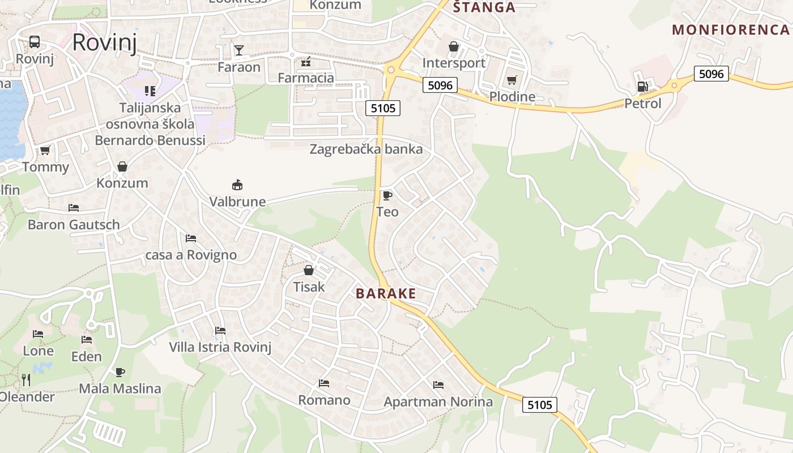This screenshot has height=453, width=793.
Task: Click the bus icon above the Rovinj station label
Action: [x=35, y=41]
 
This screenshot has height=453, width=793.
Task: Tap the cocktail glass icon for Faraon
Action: [x=239, y=50]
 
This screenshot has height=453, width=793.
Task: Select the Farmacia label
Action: [x=306, y=78]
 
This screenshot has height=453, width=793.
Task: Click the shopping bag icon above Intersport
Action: [x=454, y=46]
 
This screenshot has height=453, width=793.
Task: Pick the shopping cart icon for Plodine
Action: [x=512, y=80]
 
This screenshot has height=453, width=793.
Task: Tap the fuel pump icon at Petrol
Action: [x=642, y=87]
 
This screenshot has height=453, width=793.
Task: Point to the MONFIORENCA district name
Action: [x=730, y=30]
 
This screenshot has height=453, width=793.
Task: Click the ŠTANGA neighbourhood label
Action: [x=484, y=7]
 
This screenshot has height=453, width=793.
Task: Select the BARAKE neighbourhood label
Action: [x=386, y=293]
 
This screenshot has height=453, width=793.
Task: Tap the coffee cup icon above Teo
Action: [x=387, y=196]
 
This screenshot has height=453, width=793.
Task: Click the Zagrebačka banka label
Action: [x=366, y=149]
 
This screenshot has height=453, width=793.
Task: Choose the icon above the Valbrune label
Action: [x=237, y=185]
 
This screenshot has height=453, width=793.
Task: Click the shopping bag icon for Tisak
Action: [x=309, y=270]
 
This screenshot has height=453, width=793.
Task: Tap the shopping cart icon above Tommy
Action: [x=45, y=150]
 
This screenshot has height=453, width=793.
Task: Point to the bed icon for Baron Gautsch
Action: [x=74, y=208]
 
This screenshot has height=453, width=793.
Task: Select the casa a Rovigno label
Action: [x=191, y=255]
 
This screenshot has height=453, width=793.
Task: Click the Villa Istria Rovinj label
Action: [x=220, y=347]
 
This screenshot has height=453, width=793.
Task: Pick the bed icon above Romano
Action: [x=324, y=383]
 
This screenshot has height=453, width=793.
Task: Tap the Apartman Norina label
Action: [x=438, y=402]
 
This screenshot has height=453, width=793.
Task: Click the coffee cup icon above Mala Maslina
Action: [x=120, y=372]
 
